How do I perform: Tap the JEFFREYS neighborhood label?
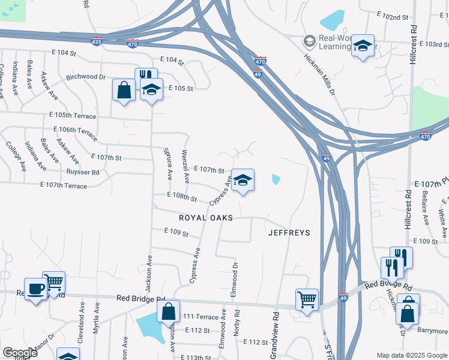[289, 233]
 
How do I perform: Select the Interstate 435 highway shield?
[97, 41]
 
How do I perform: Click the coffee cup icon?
[35, 289]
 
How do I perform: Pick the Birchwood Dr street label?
[86, 77]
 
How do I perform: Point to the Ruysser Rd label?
[83, 172]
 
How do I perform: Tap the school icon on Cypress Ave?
[243, 180]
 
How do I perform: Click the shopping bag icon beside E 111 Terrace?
[169, 311]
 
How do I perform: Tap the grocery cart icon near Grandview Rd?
[307, 298]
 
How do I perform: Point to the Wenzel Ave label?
[185, 166]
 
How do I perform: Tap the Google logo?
[20, 352]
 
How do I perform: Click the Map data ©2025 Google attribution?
[411, 355]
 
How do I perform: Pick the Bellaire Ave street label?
[425, 213]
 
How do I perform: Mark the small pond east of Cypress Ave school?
[276, 179]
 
